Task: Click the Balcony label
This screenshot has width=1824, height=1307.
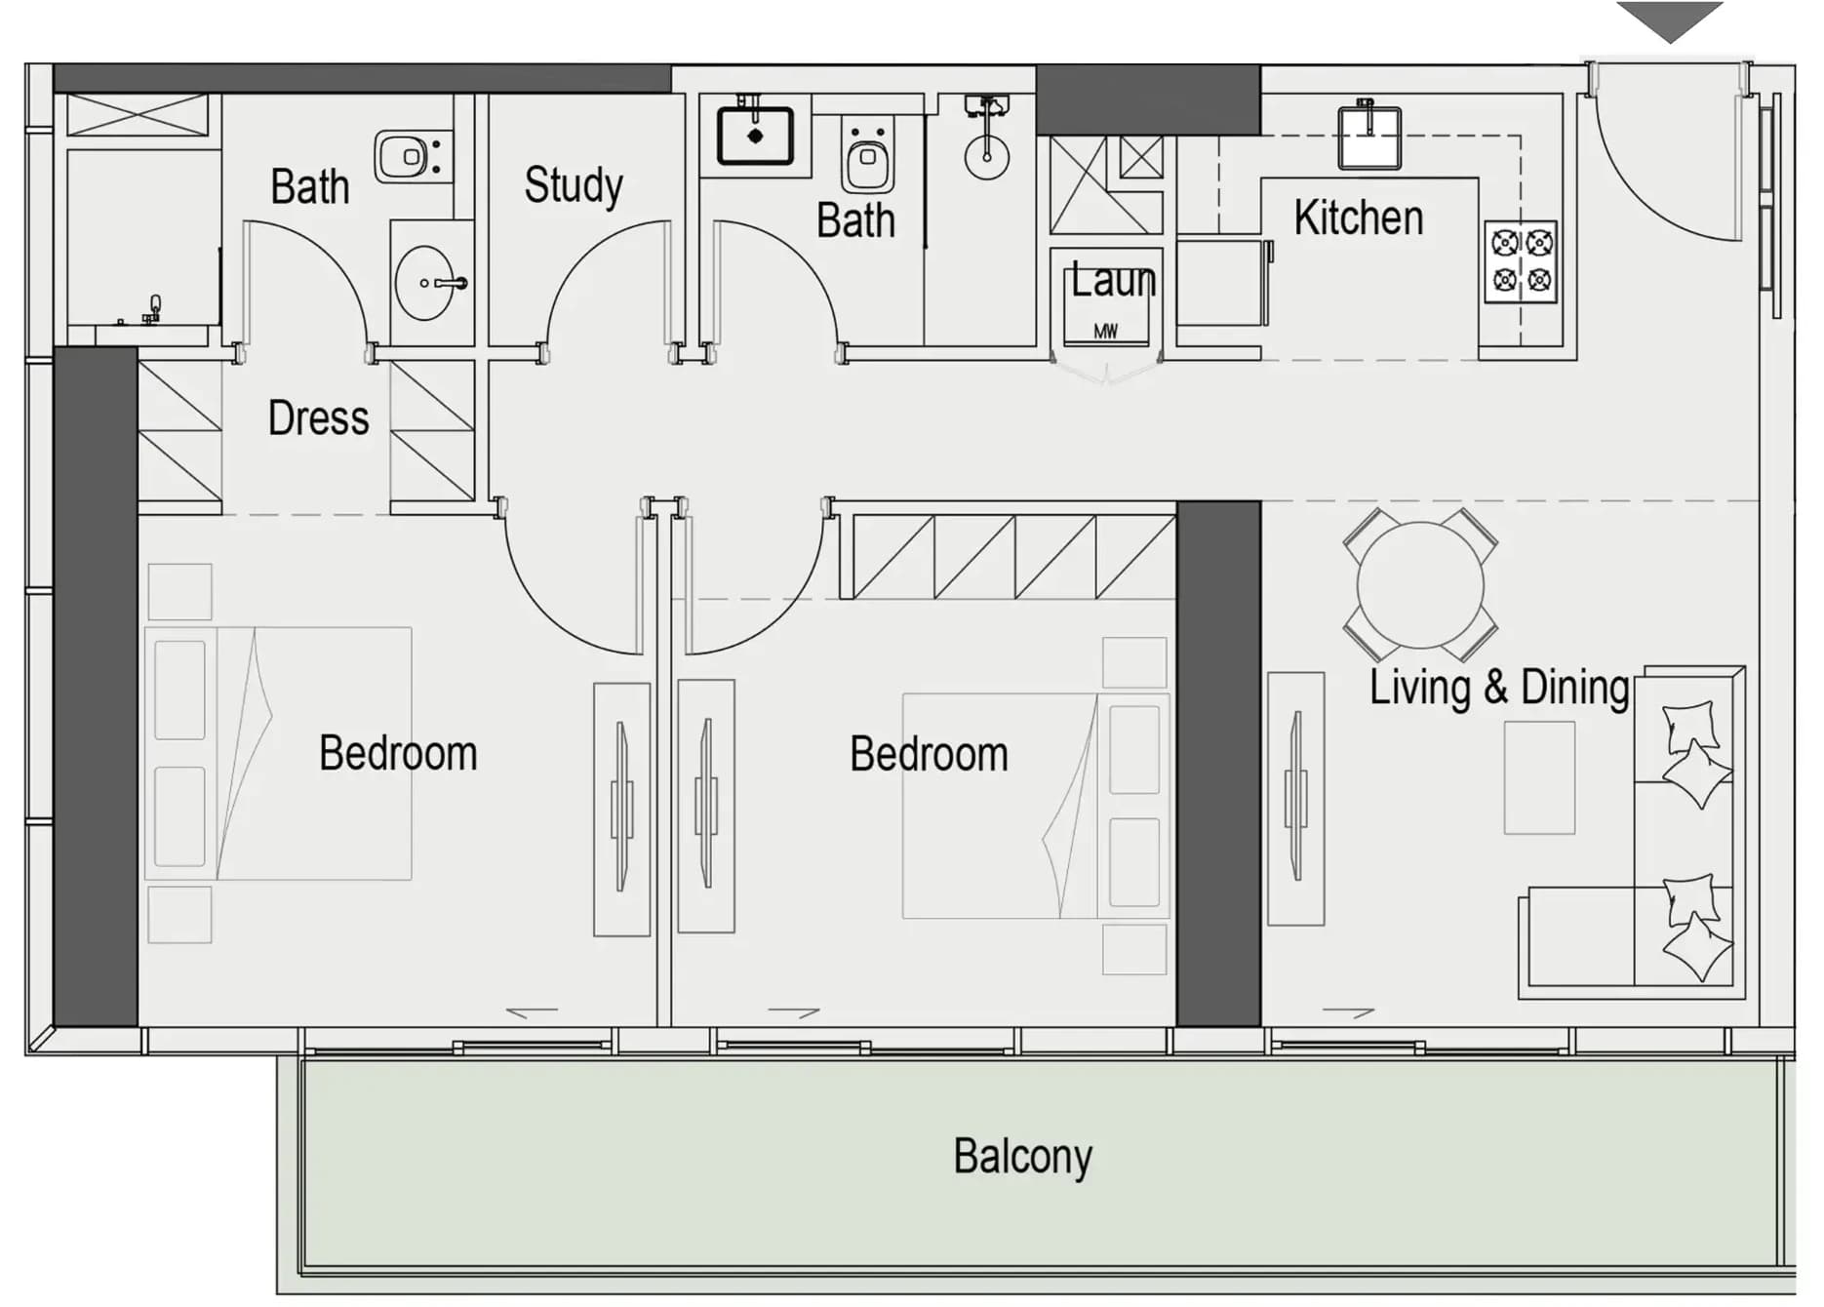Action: point(1022,1158)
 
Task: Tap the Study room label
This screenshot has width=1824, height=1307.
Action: point(574,185)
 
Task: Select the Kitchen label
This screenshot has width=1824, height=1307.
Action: point(1359,218)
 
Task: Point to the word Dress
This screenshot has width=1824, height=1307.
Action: point(319,418)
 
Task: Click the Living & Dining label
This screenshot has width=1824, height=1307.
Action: point(1499,688)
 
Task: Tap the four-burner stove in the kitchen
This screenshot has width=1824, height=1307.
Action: point(1522,261)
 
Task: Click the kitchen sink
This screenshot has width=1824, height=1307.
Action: point(1369,137)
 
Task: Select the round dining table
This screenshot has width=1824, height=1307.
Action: point(1420,585)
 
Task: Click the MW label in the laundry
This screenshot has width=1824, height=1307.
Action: point(1106,332)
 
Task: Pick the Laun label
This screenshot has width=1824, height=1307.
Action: point(1114,281)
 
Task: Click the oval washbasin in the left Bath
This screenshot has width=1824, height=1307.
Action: point(426,283)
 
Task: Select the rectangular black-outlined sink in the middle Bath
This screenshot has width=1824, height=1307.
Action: point(755,136)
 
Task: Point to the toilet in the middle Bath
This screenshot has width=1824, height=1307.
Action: point(867,156)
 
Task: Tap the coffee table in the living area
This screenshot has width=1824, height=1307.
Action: point(1539,777)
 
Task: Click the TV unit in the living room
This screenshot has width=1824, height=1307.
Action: point(1295,798)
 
